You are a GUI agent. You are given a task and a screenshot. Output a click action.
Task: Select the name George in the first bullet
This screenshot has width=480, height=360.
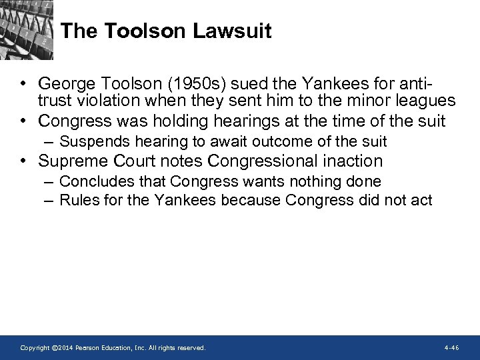click(x=67, y=85)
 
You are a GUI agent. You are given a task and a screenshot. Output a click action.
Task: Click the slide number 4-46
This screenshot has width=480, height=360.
click(x=451, y=348)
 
